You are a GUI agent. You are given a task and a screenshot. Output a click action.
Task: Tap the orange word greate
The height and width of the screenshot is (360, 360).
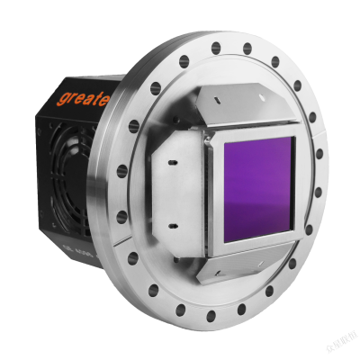pos(82,95)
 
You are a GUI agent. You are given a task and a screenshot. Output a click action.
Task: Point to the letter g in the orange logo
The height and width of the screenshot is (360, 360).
pos(62,100)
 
